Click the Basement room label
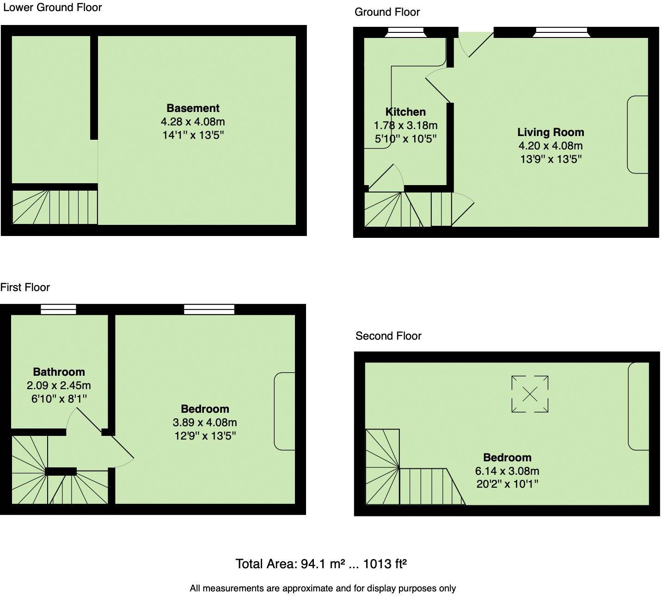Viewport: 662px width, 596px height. pos(193,108)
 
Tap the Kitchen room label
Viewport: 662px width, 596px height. pos(405,112)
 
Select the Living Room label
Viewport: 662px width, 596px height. pos(551,132)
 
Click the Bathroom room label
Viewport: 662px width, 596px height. pos(59,372)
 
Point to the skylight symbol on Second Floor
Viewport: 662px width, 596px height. pos(530,394)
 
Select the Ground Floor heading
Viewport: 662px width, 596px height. pos(387,12)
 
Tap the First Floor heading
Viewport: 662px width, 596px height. pos(25,287)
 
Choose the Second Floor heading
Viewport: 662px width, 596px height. pos(388,336)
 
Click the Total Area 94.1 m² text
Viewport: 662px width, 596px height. pos(321,564)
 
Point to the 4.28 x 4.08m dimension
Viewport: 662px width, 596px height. pos(193,122)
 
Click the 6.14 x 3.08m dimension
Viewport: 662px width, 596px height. pos(507,471)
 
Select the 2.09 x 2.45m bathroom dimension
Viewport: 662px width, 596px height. pos(59,385)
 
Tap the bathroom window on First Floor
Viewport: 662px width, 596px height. pos(58,309)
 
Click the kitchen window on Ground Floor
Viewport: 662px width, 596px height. pos(405,31)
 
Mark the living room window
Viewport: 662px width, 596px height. pos(561,31)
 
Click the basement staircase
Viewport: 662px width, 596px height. pos(55,206)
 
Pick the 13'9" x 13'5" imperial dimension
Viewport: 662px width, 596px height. pos(551,159)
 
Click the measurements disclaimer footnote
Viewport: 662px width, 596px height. pos(323,588)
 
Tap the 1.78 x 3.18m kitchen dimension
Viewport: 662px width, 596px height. pos(405,125)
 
